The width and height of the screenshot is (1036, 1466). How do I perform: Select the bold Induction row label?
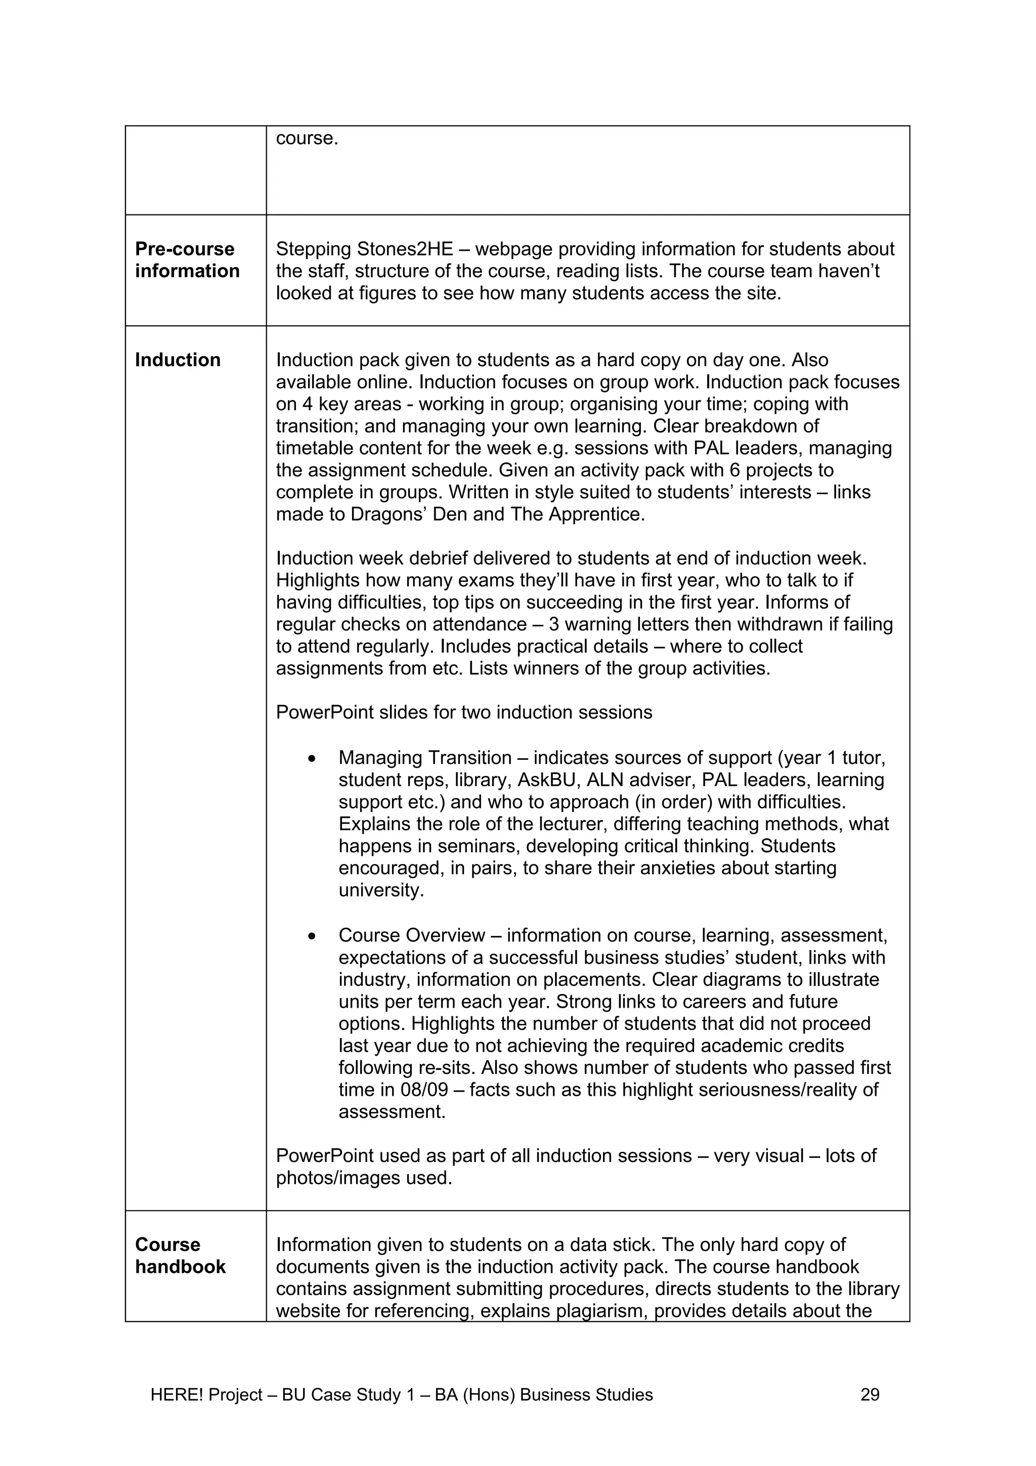178,360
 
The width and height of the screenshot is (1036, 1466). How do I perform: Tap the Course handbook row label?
180,1255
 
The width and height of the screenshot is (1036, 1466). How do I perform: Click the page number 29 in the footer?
870,1395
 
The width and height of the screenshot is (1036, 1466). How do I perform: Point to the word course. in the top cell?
307,138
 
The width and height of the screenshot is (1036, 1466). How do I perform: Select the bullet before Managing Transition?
312,758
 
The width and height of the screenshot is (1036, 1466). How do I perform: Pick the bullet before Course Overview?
312,936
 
